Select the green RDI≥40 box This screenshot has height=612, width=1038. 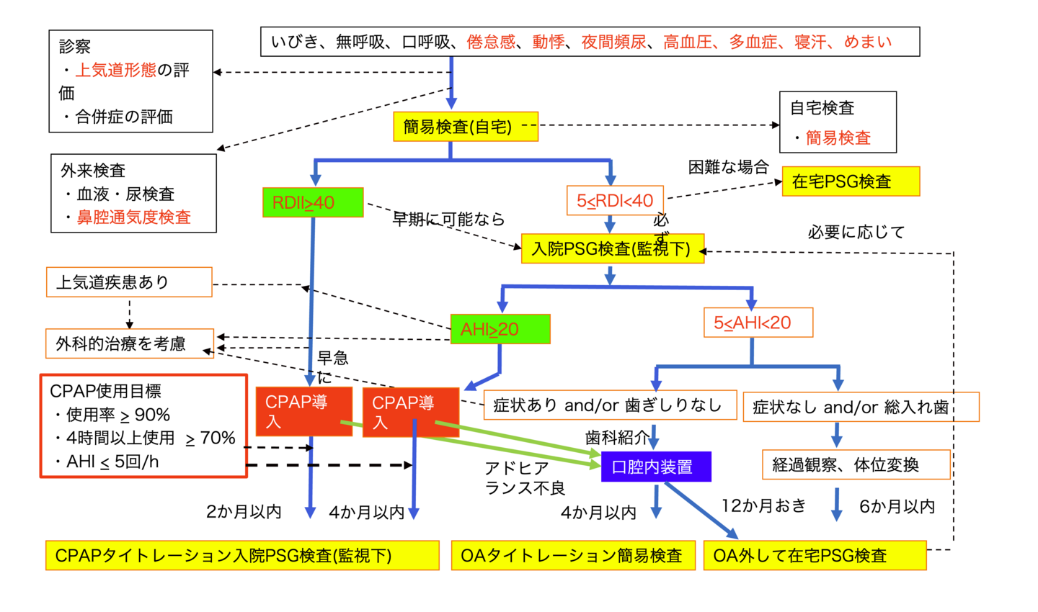click(313, 202)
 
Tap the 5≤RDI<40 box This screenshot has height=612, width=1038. click(615, 200)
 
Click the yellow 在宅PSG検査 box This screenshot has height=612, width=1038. click(851, 181)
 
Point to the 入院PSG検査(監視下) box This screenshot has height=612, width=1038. click(612, 249)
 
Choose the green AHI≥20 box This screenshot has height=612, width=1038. click(500, 329)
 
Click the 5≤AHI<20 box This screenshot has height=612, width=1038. click(758, 323)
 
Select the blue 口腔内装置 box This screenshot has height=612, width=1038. click(656, 467)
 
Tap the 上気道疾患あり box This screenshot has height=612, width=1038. click(129, 282)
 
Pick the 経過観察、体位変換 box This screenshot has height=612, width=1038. click(856, 465)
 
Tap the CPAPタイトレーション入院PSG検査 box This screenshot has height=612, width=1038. click(242, 556)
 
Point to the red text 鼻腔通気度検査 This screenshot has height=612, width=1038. click(134, 217)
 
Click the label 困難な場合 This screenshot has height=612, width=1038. click(728, 167)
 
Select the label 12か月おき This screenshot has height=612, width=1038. click(764, 506)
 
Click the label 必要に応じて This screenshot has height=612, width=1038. click(856, 232)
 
